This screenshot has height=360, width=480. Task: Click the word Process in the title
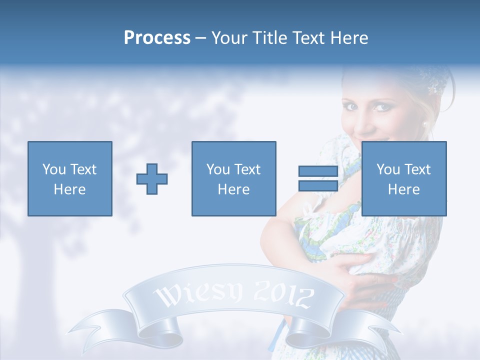coord(157,38)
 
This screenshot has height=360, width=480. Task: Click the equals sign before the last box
coord(318,179)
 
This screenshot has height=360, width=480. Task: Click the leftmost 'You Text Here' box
coord(70,179)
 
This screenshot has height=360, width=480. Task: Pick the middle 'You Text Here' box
coord(234,179)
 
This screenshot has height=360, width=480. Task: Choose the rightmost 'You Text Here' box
coord(404,179)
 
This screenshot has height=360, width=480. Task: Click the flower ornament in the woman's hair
coord(433,88)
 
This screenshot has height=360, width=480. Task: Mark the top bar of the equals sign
coord(318,171)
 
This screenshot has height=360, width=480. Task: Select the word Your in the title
coord(229,38)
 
